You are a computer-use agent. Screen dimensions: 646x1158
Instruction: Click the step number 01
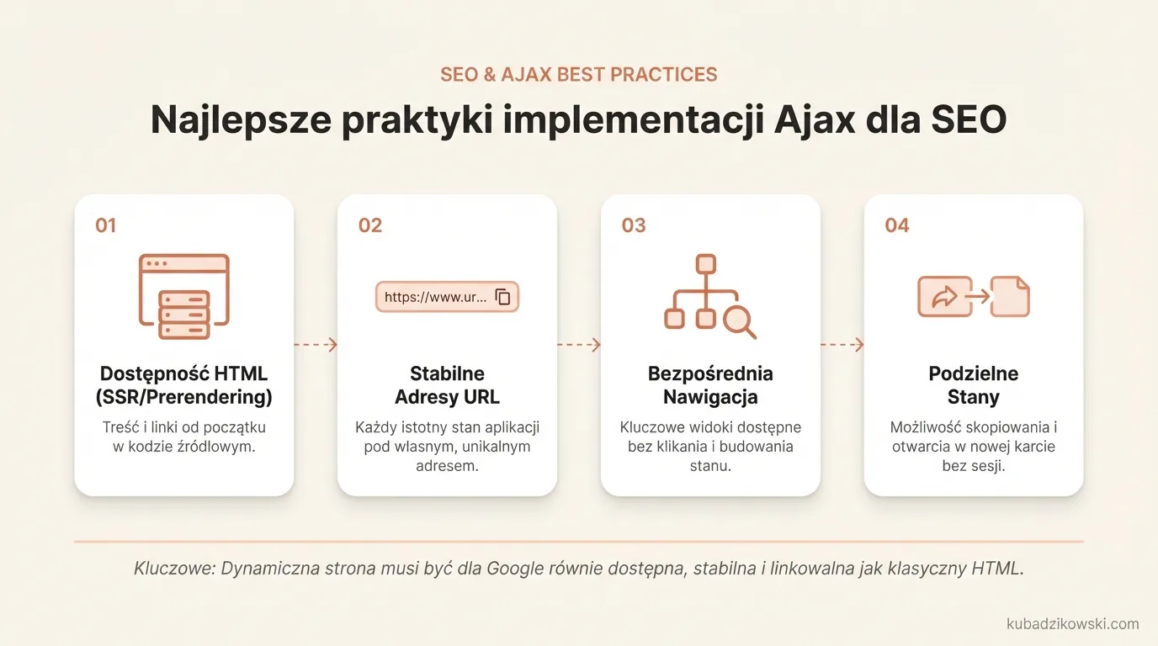(x=105, y=225)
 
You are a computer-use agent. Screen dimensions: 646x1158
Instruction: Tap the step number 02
(x=369, y=225)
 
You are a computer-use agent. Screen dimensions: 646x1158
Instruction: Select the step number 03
(x=633, y=225)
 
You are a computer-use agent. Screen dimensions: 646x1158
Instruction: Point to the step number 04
(x=897, y=225)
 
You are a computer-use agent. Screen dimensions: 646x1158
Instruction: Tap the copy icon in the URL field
(x=502, y=297)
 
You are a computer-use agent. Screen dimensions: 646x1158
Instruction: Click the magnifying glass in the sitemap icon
(x=740, y=320)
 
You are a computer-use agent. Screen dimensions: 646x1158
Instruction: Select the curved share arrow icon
(x=944, y=297)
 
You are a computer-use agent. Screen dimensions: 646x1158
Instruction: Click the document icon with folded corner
(x=1010, y=297)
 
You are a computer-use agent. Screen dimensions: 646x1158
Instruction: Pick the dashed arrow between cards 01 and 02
(x=316, y=344)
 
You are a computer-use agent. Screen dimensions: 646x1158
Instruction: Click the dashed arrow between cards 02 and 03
(x=579, y=344)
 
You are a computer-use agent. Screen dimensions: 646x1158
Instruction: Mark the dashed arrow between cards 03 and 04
(x=842, y=344)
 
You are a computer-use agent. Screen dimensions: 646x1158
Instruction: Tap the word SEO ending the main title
(x=969, y=120)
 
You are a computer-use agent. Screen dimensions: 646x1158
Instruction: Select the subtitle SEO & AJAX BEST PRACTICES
(x=579, y=74)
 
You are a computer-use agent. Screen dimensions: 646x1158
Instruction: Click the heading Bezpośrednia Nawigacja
(x=710, y=385)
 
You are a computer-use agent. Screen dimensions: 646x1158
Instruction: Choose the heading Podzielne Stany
(x=974, y=385)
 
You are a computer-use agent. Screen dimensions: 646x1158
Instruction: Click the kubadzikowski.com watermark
(x=1072, y=624)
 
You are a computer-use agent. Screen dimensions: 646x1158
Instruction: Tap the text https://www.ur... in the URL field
(x=435, y=297)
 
